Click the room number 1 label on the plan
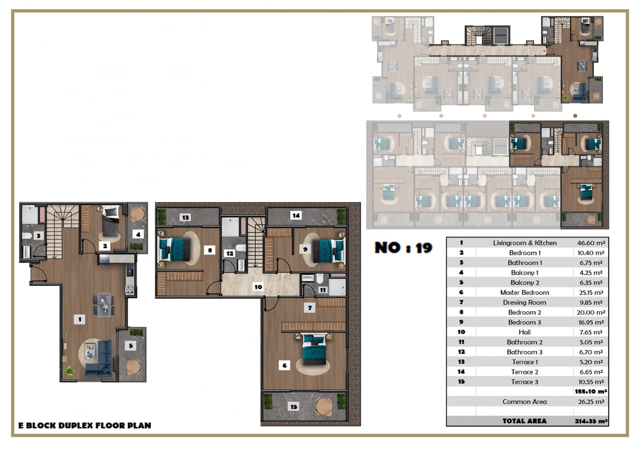(x=80, y=319)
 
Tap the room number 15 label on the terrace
(x=294, y=406)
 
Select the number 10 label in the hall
(x=258, y=287)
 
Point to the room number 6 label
(x=284, y=365)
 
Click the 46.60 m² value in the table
(x=591, y=243)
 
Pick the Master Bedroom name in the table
(x=524, y=293)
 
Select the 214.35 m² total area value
(x=591, y=421)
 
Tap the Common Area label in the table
(x=524, y=402)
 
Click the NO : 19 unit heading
(x=404, y=247)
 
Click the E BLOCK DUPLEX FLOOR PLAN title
(x=84, y=426)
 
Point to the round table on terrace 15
(x=324, y=406)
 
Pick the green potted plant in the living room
(x=70, y=371)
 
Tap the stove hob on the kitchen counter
(x=130, y=290)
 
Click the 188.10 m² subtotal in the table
(x=591, y=392)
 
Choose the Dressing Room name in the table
(x=524, y=303)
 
